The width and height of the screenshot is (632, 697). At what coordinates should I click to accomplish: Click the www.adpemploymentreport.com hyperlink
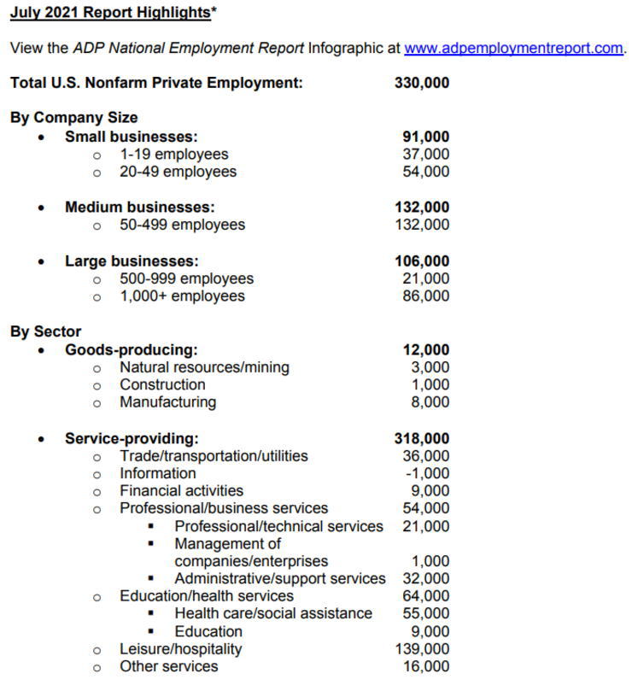pyautogui.click(x=513, y=48)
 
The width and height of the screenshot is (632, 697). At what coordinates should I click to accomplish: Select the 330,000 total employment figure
pyautogui.click(x=422, y=83)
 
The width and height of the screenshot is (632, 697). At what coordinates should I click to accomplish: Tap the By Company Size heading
pyautogui.click(x=73, y=118)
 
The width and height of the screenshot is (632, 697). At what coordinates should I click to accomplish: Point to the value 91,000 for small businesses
pyautogui.click(x=425, y=137)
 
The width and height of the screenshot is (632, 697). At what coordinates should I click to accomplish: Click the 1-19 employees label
pyautogui.click(x=173, y=155)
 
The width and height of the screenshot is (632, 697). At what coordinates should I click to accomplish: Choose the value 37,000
pyautogui.click(x=425, y=155)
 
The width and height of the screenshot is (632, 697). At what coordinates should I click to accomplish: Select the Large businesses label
pyautogui.click(x=132, y=261)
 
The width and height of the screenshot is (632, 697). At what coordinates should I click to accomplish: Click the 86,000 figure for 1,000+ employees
pyautogui.click(x=425, y=296)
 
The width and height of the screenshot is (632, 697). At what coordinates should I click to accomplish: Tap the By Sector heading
pyautogui.click(x=45, y=331)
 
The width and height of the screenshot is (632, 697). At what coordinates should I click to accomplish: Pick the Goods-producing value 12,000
pyautogui.click(x=425, y=349)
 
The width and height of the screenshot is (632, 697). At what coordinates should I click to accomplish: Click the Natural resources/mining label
pyautogui.click(x=204, y=367)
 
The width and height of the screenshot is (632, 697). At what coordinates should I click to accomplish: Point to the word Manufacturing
pyautogui.click(x=167, y=402)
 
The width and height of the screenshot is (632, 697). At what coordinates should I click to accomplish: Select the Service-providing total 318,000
pyautogui.click(x=422, y=439)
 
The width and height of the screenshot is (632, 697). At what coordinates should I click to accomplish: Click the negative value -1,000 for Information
pyautogui.click(x=428, y=473)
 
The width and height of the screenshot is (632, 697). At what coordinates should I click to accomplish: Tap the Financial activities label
pyautogui.click(x=181, y=491)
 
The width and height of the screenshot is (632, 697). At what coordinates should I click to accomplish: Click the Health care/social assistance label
pyautogui.click(x=273, y=613)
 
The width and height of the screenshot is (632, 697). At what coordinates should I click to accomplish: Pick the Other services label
pyautogui.click(x=168, y=666)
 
